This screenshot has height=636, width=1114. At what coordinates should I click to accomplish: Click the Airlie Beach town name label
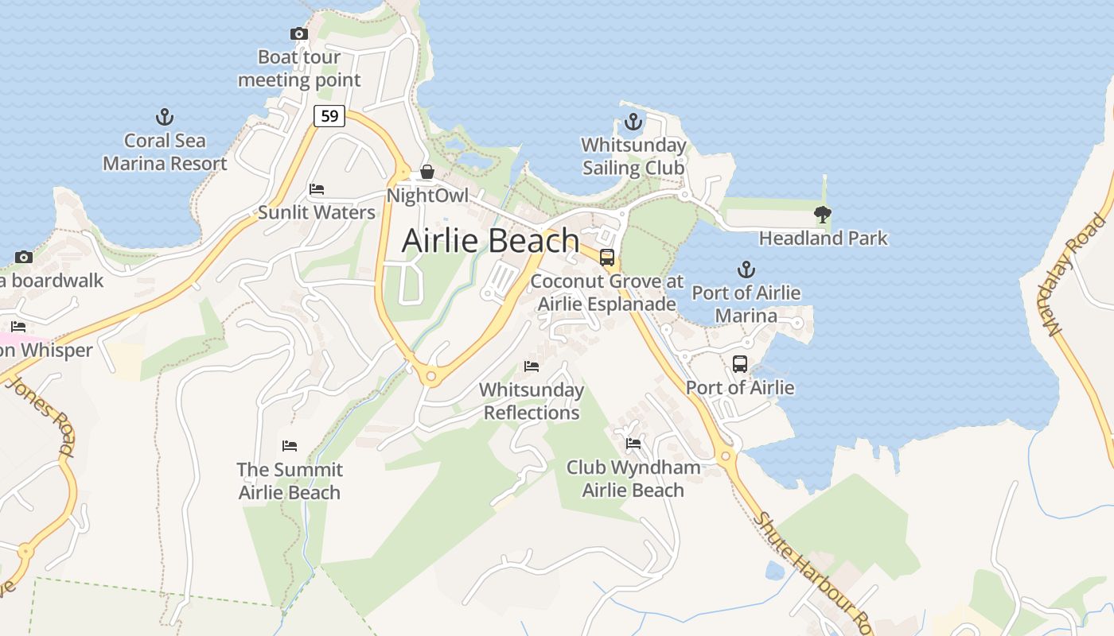click(490, 240)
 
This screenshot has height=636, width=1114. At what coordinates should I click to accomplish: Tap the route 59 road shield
click(328, 116)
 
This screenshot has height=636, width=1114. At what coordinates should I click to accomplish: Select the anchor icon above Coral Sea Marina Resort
click(165, 118)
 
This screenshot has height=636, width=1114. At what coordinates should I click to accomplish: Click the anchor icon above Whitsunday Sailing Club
click(633, 122)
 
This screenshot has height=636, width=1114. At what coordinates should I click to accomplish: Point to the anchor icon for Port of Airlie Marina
click(746, 270)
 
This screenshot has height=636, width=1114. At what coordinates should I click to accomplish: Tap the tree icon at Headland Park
click(823, 214)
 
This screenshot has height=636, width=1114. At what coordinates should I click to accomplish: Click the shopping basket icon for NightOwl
click(427, 172)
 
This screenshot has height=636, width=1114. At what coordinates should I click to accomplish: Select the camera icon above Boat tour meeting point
click(299, 33)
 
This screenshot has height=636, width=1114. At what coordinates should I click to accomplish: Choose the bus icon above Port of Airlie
click(740, 364)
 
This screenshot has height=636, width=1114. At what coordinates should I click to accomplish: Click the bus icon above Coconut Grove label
click(607, 257)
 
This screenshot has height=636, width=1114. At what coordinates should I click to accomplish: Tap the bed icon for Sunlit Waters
click(317, 189)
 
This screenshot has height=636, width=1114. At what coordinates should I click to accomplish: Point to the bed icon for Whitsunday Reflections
click(532, 366)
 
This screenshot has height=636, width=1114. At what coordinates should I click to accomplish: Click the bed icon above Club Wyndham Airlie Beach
click(633, 444)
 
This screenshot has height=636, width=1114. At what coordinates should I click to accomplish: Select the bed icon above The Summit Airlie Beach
click(290, 446)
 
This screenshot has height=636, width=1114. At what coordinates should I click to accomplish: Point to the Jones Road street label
click(41, 417)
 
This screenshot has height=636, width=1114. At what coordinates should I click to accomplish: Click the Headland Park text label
click(823, 238)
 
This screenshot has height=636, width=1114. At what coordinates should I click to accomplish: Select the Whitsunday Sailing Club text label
click(633, 157)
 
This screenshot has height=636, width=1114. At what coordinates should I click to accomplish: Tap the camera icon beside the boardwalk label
click(24, 257)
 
